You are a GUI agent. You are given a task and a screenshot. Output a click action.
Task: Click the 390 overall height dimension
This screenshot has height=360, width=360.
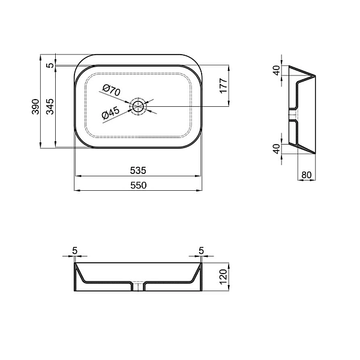point(35,106)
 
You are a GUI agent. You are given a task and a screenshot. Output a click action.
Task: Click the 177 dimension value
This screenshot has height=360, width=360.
point(223,85)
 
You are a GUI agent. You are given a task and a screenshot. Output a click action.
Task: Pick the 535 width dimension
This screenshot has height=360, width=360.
point(138,170)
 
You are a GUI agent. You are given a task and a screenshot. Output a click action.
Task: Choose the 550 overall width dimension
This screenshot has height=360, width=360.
point(138,185)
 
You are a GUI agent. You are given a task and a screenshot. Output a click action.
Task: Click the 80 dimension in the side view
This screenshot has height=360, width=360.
point(307,175)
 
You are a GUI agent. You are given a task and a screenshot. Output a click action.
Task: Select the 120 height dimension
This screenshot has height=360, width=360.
point(223,277)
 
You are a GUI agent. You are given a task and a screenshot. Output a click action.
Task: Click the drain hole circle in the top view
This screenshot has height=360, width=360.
point(139,106)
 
